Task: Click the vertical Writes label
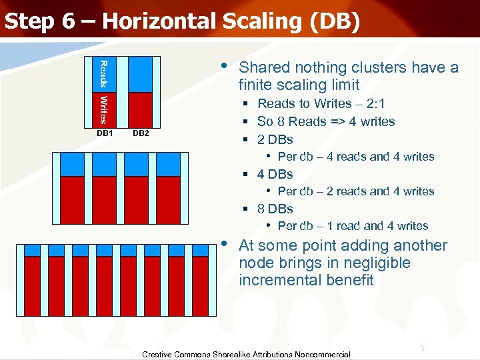click(103, 109)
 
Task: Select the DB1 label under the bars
click(105, 133)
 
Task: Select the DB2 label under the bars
click(141, 133)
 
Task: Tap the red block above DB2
click(140, 109)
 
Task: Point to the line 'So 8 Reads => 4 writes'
click(325, 121)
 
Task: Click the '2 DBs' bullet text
click(275, 139)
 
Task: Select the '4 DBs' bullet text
click(275, 174)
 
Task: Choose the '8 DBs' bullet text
click(275, 209)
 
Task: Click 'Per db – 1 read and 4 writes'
click(353, 226)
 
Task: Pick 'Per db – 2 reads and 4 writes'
click(355, 191)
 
